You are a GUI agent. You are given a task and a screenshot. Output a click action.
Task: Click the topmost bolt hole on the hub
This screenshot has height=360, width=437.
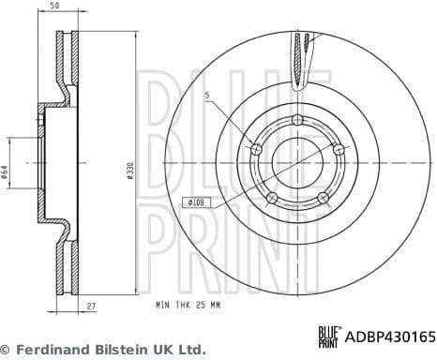coord(297,119)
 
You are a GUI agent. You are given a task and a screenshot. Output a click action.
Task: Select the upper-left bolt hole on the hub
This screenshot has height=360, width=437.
coord(254,148)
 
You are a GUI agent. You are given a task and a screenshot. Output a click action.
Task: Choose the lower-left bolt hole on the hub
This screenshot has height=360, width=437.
coord(271,197)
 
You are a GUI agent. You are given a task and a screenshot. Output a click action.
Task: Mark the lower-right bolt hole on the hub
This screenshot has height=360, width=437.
coord(323,197)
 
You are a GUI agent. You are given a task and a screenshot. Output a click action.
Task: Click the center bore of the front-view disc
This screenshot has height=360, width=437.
coord(296,162)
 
